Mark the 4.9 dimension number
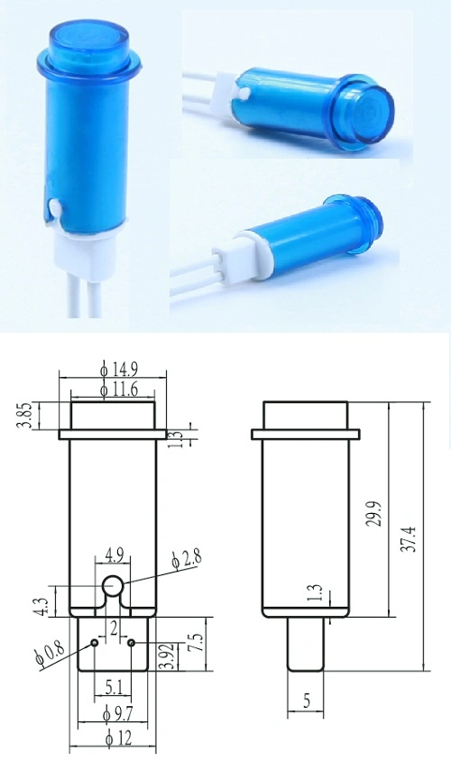114,554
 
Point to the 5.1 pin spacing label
113,687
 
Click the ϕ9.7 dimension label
115,712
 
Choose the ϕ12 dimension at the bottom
115,740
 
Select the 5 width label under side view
305,700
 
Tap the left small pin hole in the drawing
95,644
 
